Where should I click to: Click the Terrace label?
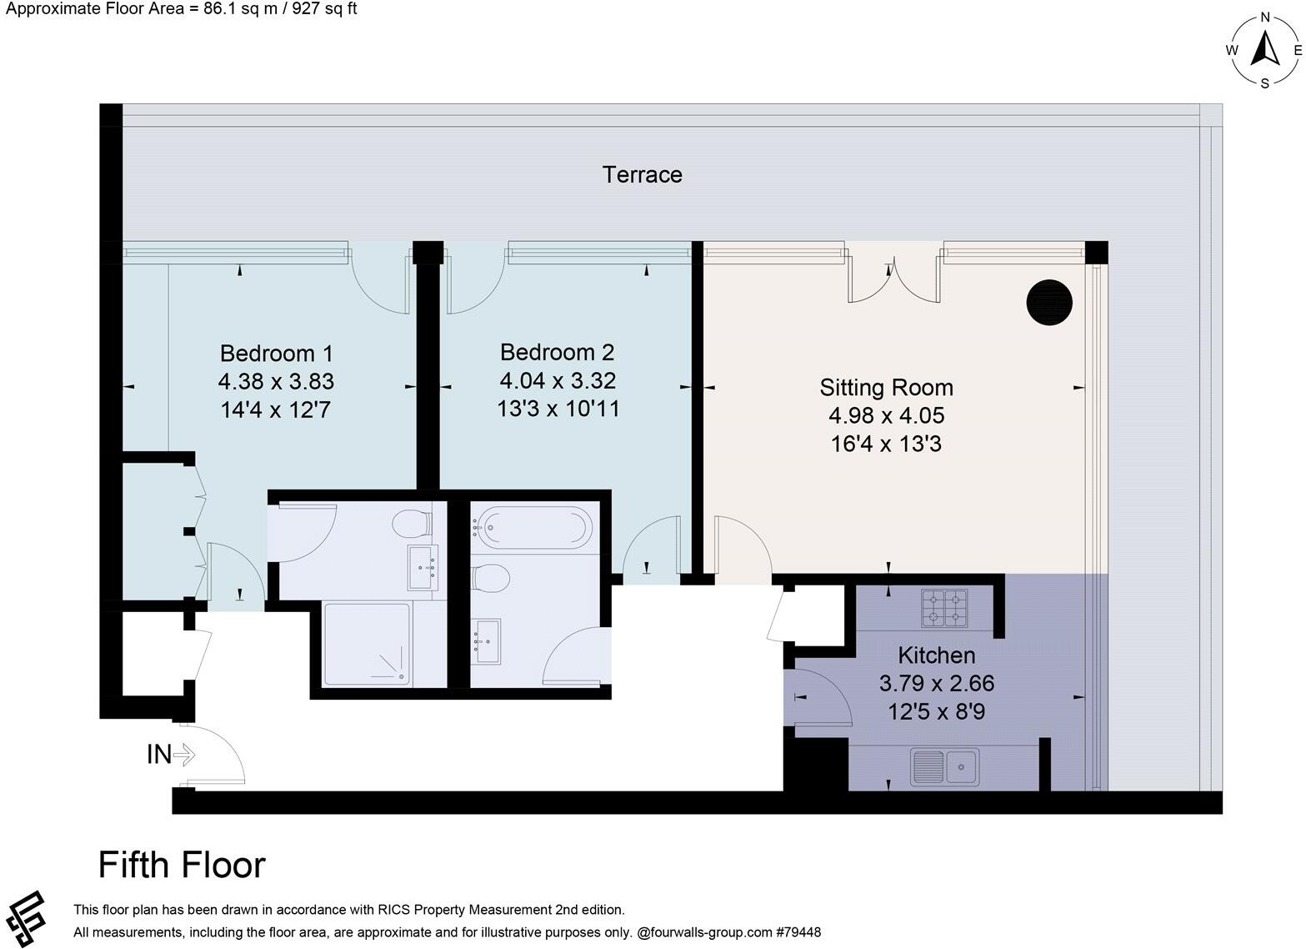642,174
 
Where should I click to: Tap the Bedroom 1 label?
276,353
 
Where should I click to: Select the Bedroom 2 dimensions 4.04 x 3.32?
558,381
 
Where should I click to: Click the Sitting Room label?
886,388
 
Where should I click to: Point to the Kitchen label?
936,655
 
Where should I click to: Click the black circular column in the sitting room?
1048,302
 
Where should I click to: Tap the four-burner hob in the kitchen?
944,608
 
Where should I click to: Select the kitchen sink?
943,766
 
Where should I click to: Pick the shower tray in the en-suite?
367,645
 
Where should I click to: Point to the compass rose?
1264,50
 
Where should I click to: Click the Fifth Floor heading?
182,865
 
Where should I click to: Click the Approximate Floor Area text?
182,10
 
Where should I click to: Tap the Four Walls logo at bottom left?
25,919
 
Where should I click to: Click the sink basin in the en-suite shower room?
422,568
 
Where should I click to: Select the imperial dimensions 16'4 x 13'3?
886,444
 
